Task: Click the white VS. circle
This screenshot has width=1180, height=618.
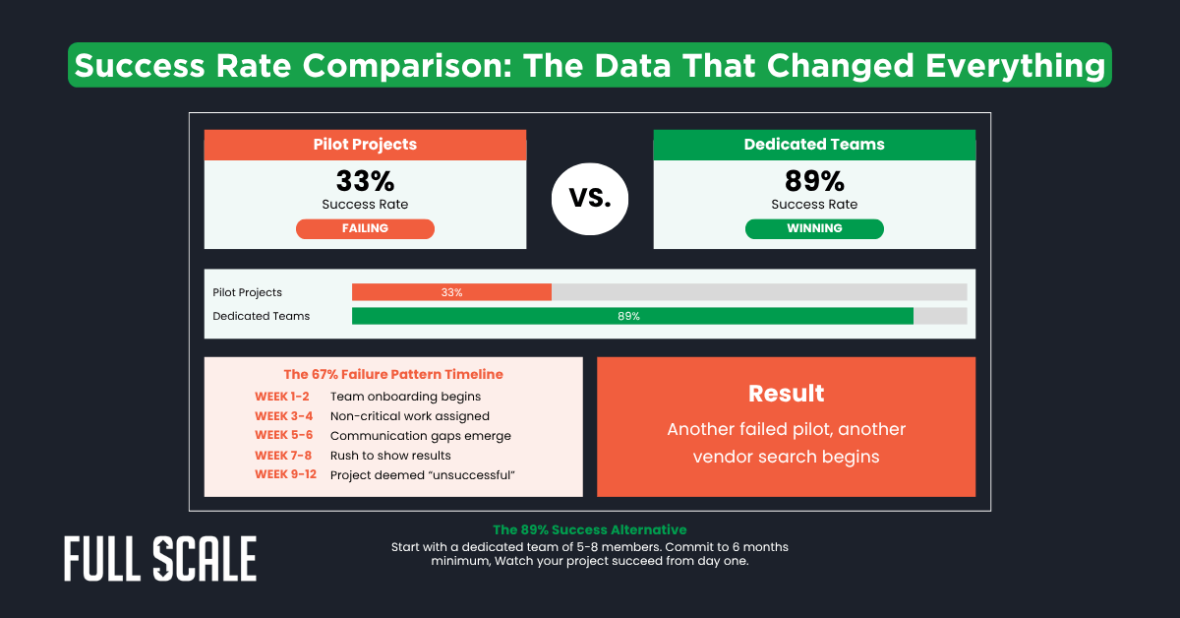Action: point(590,197)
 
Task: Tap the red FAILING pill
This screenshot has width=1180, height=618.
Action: point(365,228)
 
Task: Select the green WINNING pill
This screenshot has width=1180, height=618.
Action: point(814,228)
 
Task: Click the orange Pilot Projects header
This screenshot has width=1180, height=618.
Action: point(365,145)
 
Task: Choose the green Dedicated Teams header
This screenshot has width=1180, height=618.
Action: point(814,145)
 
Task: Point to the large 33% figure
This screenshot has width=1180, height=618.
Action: point(365,181)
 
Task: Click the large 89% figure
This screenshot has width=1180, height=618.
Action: point(814,181)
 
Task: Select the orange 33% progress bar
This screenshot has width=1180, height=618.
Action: point(451,292)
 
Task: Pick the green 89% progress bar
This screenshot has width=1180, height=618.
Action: point(632,316)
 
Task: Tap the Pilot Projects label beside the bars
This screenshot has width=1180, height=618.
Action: point(247,292)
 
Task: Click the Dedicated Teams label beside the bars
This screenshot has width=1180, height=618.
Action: point(261,316)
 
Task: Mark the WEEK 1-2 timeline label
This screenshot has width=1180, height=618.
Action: point(281,397)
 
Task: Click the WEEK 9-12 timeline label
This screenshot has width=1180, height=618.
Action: point(285,475)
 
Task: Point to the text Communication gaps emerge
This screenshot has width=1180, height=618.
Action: point(420,436)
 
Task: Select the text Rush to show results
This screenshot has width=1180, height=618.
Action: point(390,456)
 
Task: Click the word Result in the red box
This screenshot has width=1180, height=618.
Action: point(786,394)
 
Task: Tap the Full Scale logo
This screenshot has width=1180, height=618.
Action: point(160,559)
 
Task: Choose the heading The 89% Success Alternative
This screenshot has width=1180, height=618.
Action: point(589,530)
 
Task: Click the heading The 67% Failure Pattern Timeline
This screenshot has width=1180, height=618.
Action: point(393,374)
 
